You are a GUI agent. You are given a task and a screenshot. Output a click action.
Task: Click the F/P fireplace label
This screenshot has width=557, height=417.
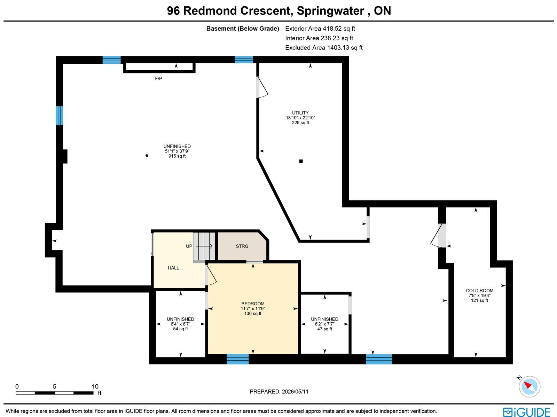[x=158, y=79]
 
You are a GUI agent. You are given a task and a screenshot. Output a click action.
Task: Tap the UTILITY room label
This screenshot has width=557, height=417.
[x=300, y=113]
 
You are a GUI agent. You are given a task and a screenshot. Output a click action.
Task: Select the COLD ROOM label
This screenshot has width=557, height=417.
[x=480, y=291]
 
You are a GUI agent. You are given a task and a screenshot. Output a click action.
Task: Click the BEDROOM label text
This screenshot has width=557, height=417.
[x=253, y=304]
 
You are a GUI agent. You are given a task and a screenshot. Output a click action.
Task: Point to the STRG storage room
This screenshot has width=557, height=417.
[x=242, y=246]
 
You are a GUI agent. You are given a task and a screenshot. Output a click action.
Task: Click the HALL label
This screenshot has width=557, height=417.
[x=173, y=268]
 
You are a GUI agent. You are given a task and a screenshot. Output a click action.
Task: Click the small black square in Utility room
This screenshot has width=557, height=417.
[x=301, y=161]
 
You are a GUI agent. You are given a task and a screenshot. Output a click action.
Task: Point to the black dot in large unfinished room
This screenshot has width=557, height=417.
[x=147, y=156]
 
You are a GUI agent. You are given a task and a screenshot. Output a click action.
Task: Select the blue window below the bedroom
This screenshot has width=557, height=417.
[x=237, y=359]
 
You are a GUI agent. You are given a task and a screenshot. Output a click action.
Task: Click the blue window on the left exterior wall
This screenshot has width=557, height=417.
[x=59, y=116]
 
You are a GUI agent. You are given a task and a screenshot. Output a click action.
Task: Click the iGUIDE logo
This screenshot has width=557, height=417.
[x=526, y=412]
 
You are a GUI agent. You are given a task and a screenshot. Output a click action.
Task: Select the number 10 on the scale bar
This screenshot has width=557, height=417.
[x=95, y=386]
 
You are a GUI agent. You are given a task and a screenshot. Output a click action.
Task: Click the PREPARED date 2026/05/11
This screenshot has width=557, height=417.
[x=295, y=391]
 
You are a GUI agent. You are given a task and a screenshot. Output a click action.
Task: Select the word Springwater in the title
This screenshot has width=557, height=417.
[x=330, y=11]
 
